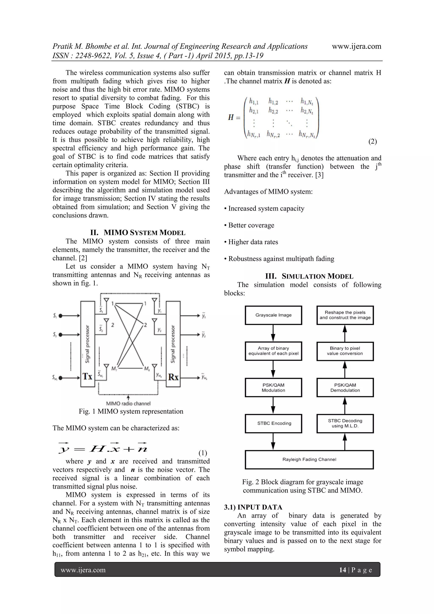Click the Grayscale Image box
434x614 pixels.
click(x=273, y=315)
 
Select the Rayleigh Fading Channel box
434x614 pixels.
click(x=309, y=460)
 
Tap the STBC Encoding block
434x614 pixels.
click(x=273, y=423)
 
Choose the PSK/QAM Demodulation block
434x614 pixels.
click(x=345, y=387)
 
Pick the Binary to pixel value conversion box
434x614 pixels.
click(x=345, y=351)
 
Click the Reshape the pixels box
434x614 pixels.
click(x=345, y=315)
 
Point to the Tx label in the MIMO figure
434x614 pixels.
click(x=88, y=377)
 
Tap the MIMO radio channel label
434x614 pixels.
click(x=128, y=404)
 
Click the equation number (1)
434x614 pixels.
click(x=203, y=453)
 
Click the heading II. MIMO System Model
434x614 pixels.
click(x=138, y=233)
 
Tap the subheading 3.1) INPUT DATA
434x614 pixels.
click(x=253, y=507)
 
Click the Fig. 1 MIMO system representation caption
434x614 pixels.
click(x=131, y=411)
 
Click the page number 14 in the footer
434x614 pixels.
click(x=342, y=570)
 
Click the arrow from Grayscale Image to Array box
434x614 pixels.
click(x=273, y=333)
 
